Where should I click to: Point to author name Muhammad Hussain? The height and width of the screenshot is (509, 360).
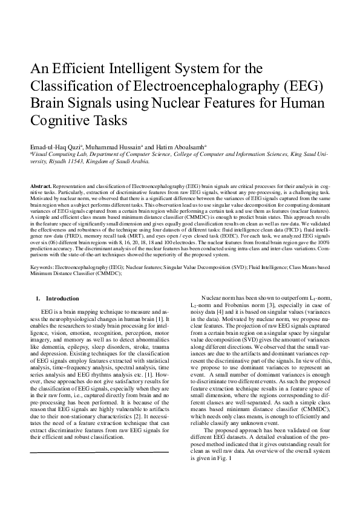pos(119,146)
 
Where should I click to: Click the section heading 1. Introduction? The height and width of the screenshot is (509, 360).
pos(57,299)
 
